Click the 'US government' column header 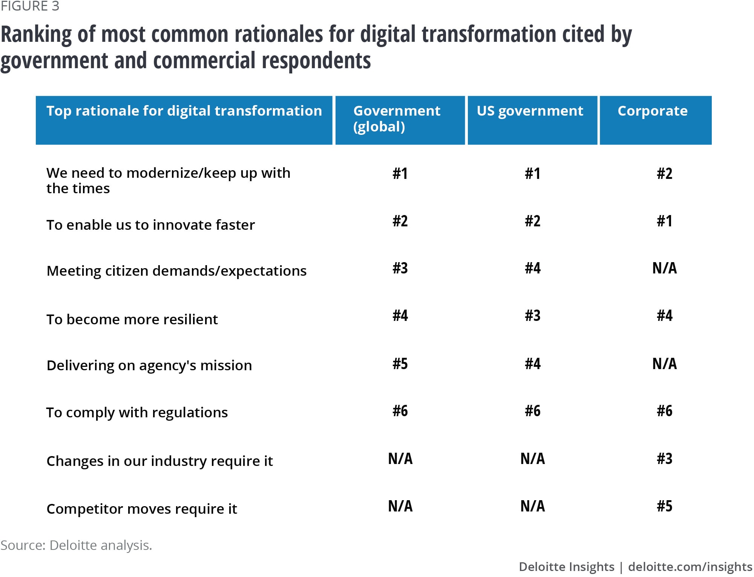[530, 111]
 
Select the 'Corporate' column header [653, 111]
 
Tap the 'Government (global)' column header [397, 118]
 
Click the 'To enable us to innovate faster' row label [150, 225]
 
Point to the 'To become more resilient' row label [132, 319]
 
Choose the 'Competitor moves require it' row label [142, 509]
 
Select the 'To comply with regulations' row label [137, 412]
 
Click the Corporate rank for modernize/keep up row [664, 174]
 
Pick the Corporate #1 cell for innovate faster [664, 221]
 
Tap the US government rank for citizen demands [532, 268]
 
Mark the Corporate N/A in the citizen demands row [664, 268]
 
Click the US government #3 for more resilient [532, 316]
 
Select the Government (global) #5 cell [400, 364]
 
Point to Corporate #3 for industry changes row [664, 459]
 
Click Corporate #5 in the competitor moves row [664, 506]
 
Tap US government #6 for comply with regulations [532, 411]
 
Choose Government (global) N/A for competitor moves [400, 506]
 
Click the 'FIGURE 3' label [30, 6]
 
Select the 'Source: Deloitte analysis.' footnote [76, 545]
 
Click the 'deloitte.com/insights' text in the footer [690, 566]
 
